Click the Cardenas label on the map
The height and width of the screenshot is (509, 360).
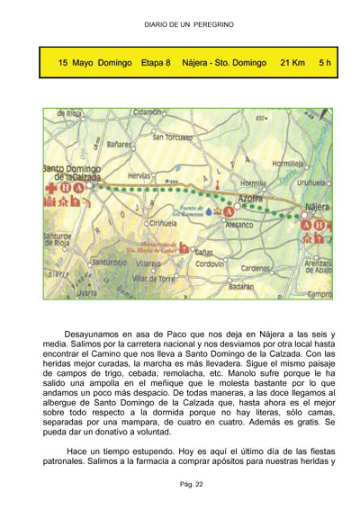tap(256, 268)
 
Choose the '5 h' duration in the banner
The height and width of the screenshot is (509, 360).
tap(326, 64)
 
